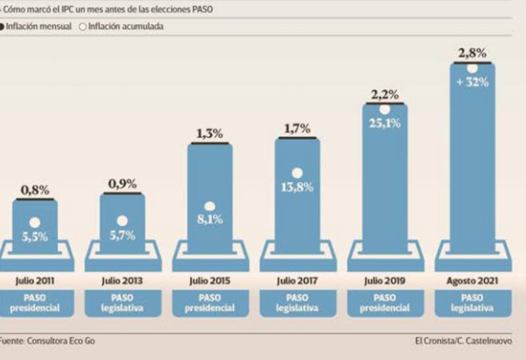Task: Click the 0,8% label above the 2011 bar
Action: coord(35,191)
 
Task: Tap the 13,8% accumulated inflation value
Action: coord(297,187)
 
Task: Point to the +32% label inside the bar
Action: coord(472,83)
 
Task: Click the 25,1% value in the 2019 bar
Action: coord(385,123)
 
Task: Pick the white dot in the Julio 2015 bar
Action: coord(210,206)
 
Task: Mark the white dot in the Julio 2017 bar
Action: coord(297,173)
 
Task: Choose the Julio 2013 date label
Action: coord(122,281)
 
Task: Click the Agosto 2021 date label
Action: coord(472,281)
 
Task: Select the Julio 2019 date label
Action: coord(385,281)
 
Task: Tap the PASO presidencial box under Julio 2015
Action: coord(210,303)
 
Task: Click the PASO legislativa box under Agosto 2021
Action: coord(472,303)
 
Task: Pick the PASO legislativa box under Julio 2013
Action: coord(122,303)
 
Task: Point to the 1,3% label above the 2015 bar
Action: coord(210,134)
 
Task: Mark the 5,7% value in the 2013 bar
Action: coord(122,236)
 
